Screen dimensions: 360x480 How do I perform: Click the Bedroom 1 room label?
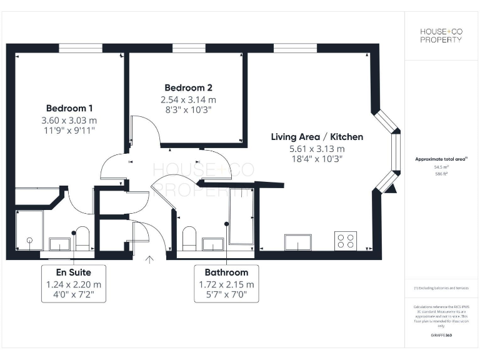[x=69, y=107]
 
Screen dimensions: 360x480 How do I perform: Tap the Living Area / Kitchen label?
[x=317, y=137]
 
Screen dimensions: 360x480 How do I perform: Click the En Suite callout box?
[x=74, y=284]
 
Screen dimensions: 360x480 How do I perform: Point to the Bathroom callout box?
[x=226, y=284]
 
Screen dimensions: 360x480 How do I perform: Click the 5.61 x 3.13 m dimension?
[x=317, y=149]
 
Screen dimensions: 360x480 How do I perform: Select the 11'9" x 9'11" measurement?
[x=69, y=131]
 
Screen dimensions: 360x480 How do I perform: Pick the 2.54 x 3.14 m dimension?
[x=188, y=99]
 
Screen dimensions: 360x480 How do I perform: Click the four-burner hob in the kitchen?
[x=345, y=241]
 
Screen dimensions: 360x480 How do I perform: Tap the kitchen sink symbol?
[x=297, y=242]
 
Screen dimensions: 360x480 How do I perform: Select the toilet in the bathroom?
[x=189, y=239]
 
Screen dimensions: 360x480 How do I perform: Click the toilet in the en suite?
[x=82, y=238]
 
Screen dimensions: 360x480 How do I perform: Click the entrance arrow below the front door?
[x=149, y=259]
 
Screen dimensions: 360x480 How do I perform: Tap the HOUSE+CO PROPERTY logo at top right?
[x=441, y=36]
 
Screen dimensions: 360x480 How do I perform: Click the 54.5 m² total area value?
[x=441, y=167]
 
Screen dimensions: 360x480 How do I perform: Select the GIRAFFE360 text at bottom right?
[x=441, y=336]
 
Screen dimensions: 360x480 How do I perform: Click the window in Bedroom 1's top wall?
[x=81, y=47]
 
